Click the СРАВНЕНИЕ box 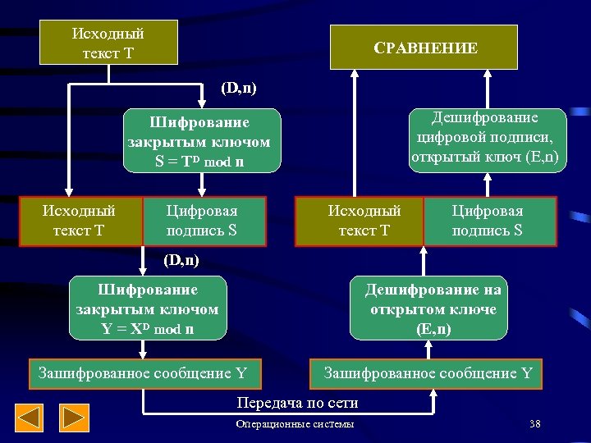(x=424, y=47)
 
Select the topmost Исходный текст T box (x=108, y=43)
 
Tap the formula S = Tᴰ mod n (x=200, y=162)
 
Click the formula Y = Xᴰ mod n (x=147, y=329)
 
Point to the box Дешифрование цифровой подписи (x=488, y=139)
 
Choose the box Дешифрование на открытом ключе (x=433, y=309)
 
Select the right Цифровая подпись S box (x=488, y=221)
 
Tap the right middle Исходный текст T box (x=359, y=221)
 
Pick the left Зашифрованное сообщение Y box (x=144, y=373)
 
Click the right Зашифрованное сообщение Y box (x=427, y=373)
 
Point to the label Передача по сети (x=297, y=403)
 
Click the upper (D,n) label (x=239, y=87)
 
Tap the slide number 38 (x=535, y=424)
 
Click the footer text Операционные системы (x=295, y=424)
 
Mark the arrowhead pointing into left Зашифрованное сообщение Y (x=143, y=355)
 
